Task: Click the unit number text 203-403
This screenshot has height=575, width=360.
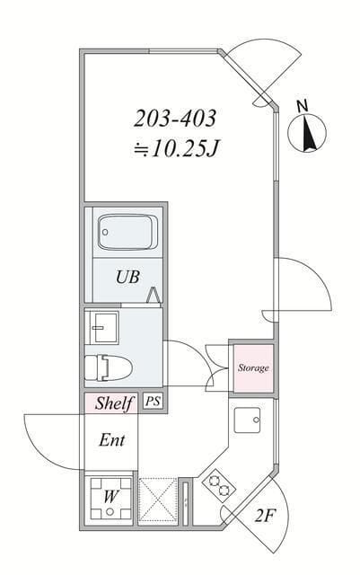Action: tap(177, 118)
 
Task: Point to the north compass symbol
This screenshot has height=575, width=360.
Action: tap(306, 135)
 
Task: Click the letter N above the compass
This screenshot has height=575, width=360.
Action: tap(303, 106)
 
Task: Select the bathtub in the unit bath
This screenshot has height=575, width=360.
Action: tap(126, 234)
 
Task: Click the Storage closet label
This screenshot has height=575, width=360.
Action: tap(252, 368)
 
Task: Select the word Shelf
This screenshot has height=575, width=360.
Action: tap(114, 403)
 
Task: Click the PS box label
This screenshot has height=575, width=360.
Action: tap(153, 402)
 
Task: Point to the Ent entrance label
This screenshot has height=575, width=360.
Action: tap(111, 441)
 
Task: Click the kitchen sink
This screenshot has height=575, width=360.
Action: tap(247, 420)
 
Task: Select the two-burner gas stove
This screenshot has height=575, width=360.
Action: tap(218, 487)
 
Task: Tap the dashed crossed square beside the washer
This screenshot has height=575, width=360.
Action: tap(158, 500)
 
